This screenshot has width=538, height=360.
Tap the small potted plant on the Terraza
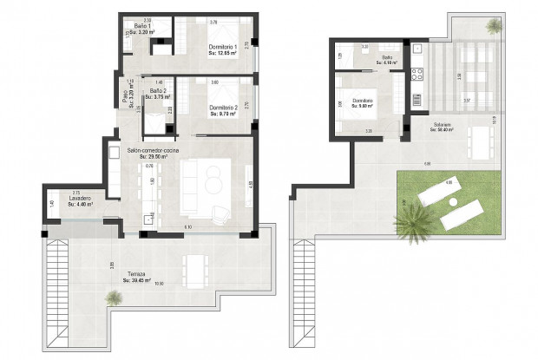point(113,298)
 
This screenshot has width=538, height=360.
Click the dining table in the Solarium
point(479,138)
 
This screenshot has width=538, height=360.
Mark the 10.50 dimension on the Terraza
point(159,284)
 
